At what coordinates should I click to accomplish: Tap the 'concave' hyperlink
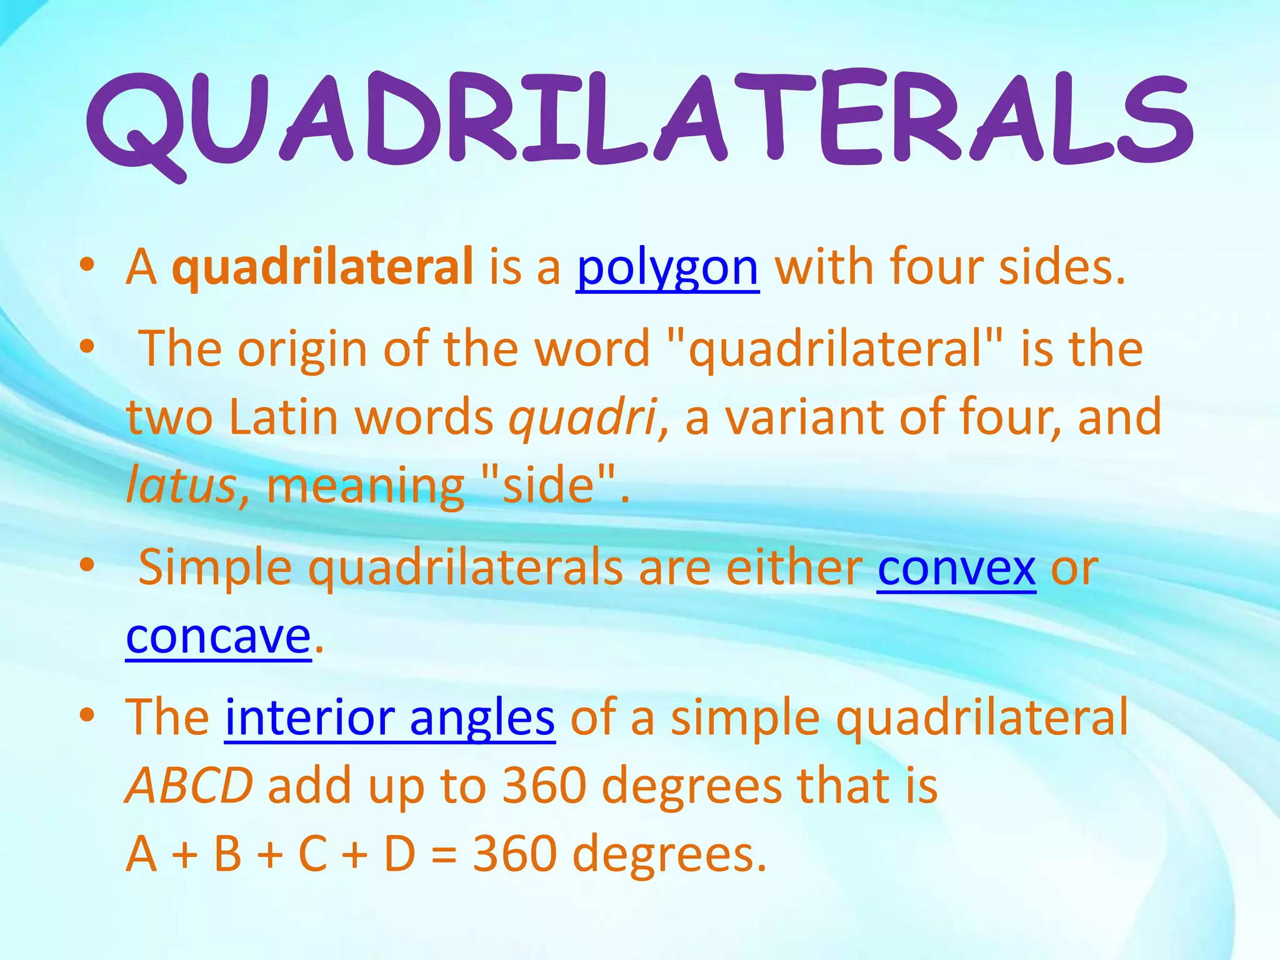pyautogui.click(x=218, y=637)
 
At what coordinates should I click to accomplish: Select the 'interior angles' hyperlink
pyautogui.click(x=389, y=718)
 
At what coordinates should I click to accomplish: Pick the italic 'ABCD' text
pyautogui.click(x=189, y=786)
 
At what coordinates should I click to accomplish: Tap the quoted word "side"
pyautogui.click(x=548, y=486)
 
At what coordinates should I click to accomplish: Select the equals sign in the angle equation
pyautogui.click(x=444, y=855)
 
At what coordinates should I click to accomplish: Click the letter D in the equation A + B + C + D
pyautogui.click(x=400, y=855)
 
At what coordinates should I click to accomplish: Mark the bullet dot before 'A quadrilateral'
pyautogui.click(x=87, y=265)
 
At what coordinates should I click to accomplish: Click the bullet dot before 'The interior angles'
pyautogui.click(x=87, y=714)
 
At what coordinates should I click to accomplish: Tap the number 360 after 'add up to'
pyautogui.click(x=544, y=786)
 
